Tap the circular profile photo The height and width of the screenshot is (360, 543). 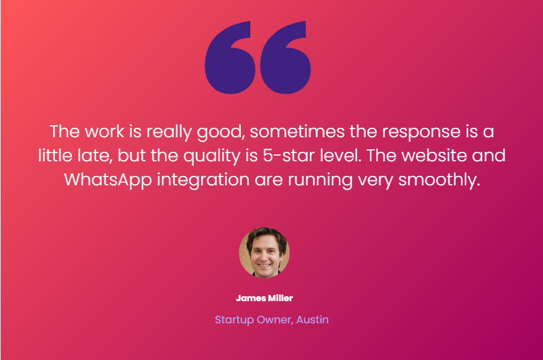(264, 252)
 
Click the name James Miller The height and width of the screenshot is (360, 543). (264, 298)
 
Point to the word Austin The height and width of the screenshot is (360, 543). (312, 320)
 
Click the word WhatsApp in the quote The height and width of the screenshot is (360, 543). (108, 180)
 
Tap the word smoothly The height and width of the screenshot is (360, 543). (439, 180)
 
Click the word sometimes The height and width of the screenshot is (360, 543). (297, 132)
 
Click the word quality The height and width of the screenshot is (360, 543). (212, 156)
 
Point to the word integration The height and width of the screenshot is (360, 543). (203, 180)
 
